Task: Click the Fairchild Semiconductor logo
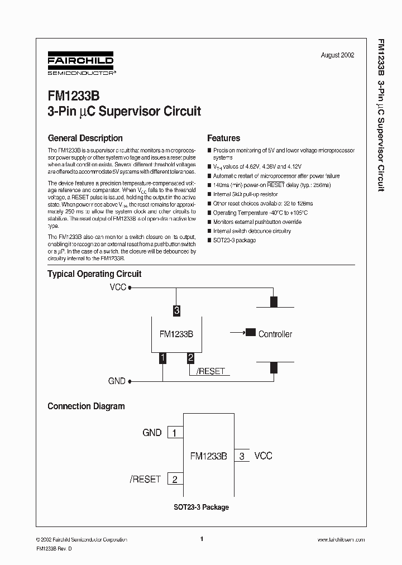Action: click(80, 65)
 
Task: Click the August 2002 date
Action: click(337, 55)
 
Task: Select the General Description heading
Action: click(85, 138)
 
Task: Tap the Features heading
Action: click(223, 138)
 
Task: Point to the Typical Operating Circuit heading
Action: click(94, 274)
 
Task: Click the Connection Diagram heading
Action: click(86, 406)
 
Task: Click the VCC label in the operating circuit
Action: click(118, 288)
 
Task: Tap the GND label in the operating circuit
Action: click(117, 381)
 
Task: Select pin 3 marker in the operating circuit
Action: click(176, 310)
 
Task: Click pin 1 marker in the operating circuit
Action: click(162, 358)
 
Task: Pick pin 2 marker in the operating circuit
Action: click(190, 358)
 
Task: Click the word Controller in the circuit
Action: click(275, 334)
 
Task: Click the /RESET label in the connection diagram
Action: click(145, 479)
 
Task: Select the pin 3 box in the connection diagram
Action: click(242, 456)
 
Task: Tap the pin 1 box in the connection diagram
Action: click(175, 433)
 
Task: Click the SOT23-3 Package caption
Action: click(200, 507)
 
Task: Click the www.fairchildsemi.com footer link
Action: click(341, 540)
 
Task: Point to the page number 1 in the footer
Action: click(201, 539)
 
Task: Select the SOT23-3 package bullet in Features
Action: click(234, 240)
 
